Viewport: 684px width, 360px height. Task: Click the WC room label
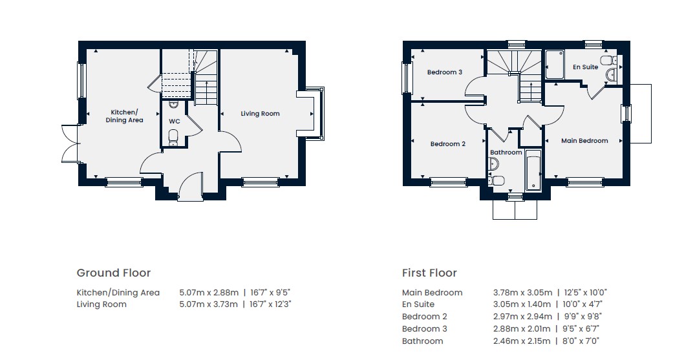[174, 122]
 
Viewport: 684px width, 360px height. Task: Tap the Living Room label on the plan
[260, 114]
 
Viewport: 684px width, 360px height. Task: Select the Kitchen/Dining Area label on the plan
[124, 116]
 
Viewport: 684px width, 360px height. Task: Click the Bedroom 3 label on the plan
[445, 72]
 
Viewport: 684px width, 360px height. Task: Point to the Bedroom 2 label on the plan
[448, 143]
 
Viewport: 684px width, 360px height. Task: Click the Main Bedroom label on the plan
[584, 140]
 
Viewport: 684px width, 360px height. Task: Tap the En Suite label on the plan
[586, 67]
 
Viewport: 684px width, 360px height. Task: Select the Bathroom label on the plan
[506, 153]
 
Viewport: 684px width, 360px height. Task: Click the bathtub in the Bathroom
[533, 170]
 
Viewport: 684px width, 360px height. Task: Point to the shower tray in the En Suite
[555, 65]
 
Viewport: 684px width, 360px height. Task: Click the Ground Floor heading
[113, 273]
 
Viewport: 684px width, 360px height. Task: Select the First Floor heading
[429, 273]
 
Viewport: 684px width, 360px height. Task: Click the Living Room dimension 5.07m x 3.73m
[209, 304]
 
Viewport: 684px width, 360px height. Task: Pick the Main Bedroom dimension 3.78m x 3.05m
[522, 292]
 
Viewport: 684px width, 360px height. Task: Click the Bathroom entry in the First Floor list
[422, 341]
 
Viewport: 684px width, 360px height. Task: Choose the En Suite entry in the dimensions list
[418, 304]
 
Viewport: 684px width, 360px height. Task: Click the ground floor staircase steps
[206, 89]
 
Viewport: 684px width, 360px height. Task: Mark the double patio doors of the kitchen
[70, 144]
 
